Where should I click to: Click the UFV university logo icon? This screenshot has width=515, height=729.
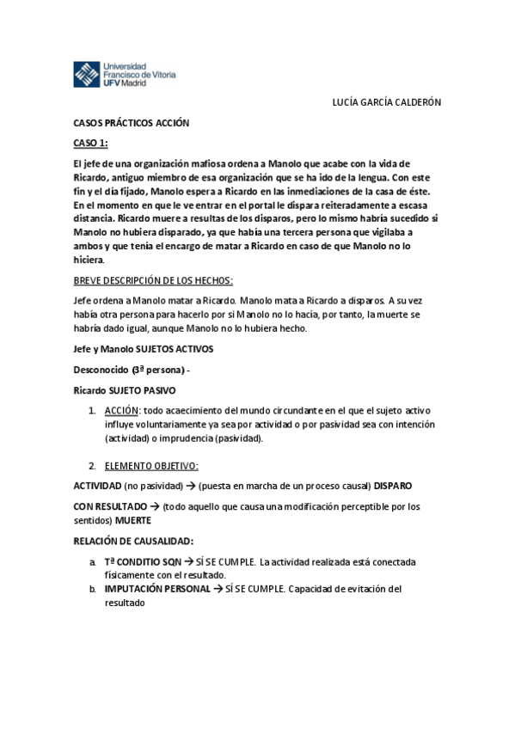click(x=86, y=75)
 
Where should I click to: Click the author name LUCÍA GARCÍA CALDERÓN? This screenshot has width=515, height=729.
click(x=386, y=102)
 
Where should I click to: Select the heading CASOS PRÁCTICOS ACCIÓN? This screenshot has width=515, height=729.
click(x=131, y=123)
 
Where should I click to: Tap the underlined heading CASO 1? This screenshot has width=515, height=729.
click(x=91, y=143)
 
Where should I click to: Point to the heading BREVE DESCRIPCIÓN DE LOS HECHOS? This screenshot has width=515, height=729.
click(x=153, y=280)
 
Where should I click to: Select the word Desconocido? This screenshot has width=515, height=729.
click(x=101, y=370)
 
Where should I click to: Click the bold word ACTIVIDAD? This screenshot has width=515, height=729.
click(x=95, y=486)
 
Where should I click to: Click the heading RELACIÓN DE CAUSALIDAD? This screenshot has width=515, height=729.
click(x=133, y=541)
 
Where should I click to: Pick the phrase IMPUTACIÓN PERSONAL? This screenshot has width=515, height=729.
click(x=156, y=589)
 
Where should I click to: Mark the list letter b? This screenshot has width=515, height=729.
click(x=93, y=589)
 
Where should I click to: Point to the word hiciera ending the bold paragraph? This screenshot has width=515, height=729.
click(x=89, y=260)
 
